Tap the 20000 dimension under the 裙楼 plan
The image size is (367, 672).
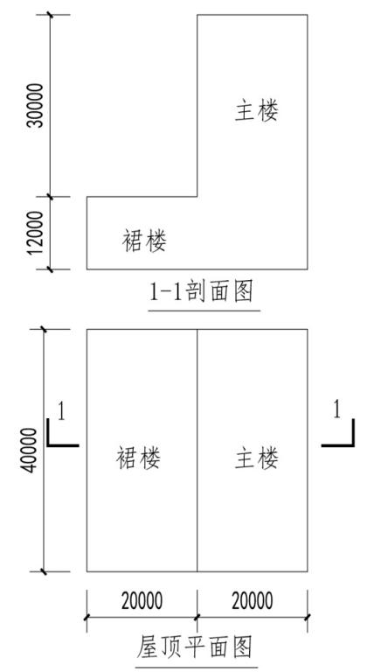[x=142, y=601]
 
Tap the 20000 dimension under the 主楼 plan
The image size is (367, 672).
[x=253, y=601]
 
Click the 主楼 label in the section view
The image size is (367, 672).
[x=257, y=111]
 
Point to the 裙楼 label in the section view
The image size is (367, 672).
[x=145, y=241]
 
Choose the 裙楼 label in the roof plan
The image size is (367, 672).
[x=138, y=458]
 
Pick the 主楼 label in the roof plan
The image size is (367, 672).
[x=257, y=458]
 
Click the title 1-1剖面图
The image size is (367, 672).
[x=201, y=293]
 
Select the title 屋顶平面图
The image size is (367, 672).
[x=194, y=647]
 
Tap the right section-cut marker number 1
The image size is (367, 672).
[x=337, y=410]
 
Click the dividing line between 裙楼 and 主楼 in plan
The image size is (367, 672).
[x=197, y=451]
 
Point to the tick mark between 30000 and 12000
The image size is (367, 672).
[x=51, y=197]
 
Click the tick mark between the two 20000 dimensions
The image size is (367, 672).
[x=197, y=618]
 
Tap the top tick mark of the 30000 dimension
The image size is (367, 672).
[x=51, y=15]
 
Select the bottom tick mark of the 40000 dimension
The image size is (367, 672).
[x=43, y=571]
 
